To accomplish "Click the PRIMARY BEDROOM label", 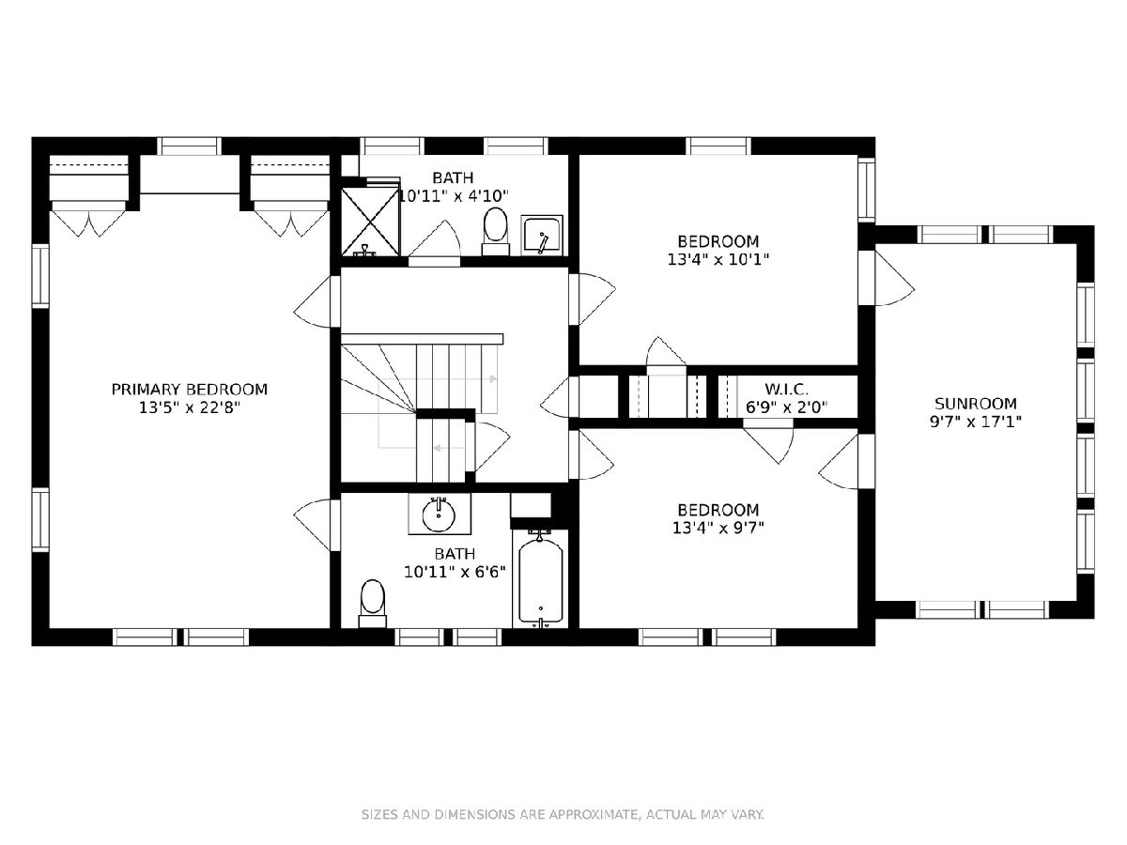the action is click(190, 390).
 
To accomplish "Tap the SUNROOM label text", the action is click(975, 404).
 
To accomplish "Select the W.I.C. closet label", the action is click(787, 389).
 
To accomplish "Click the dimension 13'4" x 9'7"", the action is click(718, 528).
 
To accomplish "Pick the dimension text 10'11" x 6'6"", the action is click(455, 572).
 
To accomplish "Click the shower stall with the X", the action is click(370, 222).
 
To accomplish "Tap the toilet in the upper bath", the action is click(496, 231).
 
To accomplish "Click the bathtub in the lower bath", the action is click(540, 579).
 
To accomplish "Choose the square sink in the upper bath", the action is click(542, 236).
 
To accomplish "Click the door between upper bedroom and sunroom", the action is click(888, 278).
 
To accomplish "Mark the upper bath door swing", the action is click(435, 243).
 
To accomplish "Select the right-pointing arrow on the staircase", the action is click(493, 379).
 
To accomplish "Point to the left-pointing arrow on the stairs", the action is click(438, 449).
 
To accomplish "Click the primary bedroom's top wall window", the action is click(189, 146).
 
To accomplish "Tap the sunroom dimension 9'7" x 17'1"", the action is click(976, 422).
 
